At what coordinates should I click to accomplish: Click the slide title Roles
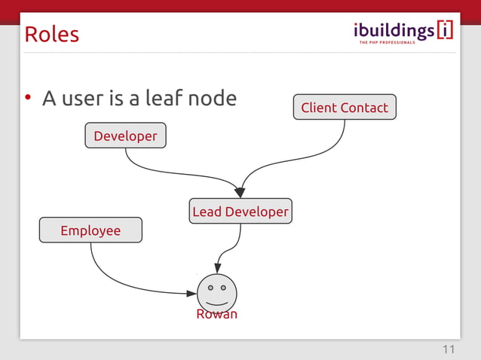click(51, 35)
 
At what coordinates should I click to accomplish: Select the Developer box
click(125, 136)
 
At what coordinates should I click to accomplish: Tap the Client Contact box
click(345, 108)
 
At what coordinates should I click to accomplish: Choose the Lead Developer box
click(240, 212)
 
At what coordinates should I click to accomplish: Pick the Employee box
click(90, 230)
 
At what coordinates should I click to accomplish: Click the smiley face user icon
click(216, 292)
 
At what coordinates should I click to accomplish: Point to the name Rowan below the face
click(216, 314)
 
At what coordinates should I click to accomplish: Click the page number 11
click(449, 349)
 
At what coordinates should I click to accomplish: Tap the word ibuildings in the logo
click(394, 30)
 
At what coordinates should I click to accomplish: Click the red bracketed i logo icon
click(445, 30)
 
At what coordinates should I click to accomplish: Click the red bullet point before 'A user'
click(27, 98)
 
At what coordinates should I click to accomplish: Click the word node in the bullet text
click(215, 98)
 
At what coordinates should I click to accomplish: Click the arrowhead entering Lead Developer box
click(240, 193)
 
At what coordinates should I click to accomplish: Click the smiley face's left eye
click(210, 287)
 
